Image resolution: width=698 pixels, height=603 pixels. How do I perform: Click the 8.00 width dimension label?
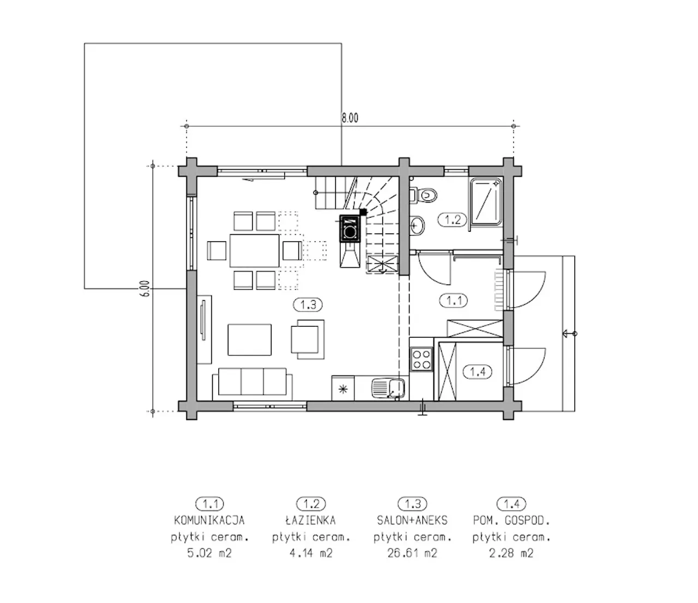[x=350, y=118]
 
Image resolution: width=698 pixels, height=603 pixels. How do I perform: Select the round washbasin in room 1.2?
[x=418, y=224]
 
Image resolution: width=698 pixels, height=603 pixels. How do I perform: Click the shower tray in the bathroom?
[x=485, y=202]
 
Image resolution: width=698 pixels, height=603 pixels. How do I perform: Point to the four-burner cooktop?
[x=422, y=359]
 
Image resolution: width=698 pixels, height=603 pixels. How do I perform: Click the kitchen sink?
[x=388, y=387]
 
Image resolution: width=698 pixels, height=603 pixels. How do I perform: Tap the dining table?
[x=254, y=250]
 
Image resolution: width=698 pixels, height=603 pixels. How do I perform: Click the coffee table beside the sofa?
[x=250, y=339]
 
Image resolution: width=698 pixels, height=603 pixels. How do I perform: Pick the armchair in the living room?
[x=308, y=339]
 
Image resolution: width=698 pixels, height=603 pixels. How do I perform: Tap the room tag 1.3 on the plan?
[x=308, y=305]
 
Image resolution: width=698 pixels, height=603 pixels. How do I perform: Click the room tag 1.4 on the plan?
[x=478, y=372]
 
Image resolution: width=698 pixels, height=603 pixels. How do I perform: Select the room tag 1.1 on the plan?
[x=454, y=301]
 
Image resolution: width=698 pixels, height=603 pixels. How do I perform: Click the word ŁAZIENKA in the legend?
[x=311, y=520]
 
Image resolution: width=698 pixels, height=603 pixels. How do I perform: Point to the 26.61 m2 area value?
[x=412, y=553]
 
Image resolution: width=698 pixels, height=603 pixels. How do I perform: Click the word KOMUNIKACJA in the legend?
[x=209, y=520]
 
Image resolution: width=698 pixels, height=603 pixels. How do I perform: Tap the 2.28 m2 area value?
[x=512, y=553]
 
